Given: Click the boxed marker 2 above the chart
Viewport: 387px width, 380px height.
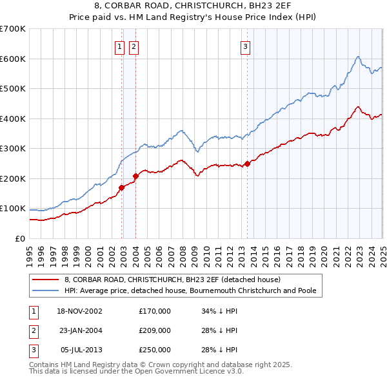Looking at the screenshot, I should tap(134, 46).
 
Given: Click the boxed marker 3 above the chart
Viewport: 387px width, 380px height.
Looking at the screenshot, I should tap(246, 46).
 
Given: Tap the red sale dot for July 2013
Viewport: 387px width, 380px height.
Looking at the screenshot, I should tap(247, 163).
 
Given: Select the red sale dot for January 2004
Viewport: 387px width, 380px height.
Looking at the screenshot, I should tap(135, 176).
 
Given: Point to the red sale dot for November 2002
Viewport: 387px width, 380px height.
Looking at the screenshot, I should tap(122, 187).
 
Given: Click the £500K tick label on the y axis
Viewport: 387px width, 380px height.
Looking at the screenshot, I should tap(12, 88).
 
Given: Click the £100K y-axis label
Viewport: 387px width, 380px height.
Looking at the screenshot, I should tap(12, 208).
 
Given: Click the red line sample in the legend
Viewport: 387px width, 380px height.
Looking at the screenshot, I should tap(46, 280).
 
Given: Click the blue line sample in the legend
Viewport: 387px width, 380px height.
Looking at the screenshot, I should tap(46, 290).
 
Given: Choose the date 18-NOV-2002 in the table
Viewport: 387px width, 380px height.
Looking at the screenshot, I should tap(84, 311).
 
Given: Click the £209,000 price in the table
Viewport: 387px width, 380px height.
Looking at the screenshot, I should tap(155, 330).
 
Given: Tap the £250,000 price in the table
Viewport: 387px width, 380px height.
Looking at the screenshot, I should tap(155, 350).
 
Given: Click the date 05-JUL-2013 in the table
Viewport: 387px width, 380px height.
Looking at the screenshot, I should tap(84, 350).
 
